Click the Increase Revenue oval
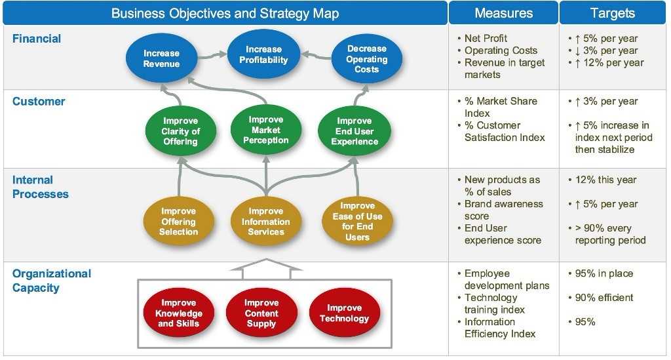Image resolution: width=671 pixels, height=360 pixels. coord(161,59)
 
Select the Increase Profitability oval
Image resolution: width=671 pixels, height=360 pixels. coord(263,55)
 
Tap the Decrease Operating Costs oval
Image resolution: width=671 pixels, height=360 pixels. coord(367,59)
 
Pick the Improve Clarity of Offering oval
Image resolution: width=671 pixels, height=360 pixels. coord(180,131)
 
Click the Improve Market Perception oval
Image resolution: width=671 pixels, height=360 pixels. coord(265,130)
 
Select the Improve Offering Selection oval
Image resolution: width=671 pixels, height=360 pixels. coord(178,222)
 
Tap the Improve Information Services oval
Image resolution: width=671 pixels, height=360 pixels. coord(265,222)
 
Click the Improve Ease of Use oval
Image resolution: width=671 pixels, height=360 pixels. coord(358,222)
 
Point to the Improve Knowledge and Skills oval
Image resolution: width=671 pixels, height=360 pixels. coord(179,313)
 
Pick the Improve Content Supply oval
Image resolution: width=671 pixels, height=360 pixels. coord(261,313)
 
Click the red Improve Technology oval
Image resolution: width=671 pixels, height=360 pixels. coord(344,313)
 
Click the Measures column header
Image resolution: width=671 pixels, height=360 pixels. coord(503,13)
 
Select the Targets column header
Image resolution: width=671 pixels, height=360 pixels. coord(612,13)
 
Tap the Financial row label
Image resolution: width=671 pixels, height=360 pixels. coord(37,39)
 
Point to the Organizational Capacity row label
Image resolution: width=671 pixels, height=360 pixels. coord(51,281)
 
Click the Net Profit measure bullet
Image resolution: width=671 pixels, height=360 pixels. coord(486,39)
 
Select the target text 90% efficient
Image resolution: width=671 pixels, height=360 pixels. coord(604,298)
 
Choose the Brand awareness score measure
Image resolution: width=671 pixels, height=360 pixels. coord(503,210)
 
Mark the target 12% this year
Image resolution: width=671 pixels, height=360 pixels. coord(605,180)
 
